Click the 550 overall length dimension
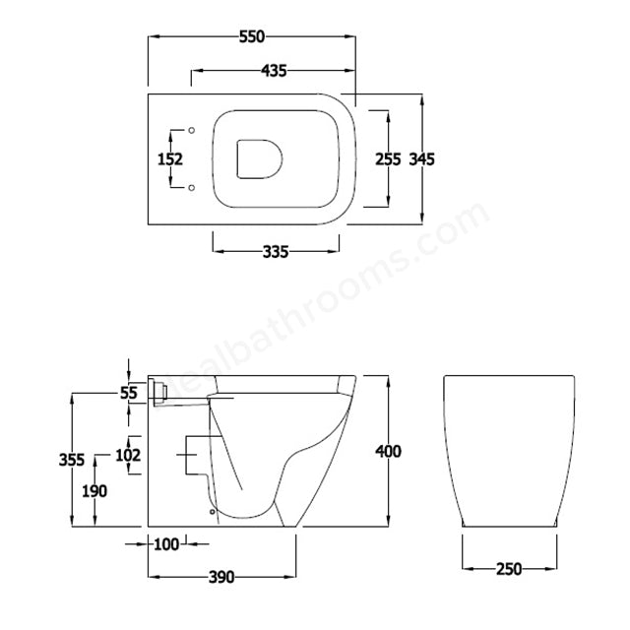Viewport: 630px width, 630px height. [251, 36]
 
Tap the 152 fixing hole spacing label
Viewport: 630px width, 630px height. [170, 158]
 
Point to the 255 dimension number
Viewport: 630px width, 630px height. [388, 158]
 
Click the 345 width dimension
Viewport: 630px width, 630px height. [421, 158]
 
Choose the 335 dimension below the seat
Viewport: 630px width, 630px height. [275, 252]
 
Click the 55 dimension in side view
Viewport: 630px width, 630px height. [129, 393]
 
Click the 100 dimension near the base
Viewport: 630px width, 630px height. [167, 543]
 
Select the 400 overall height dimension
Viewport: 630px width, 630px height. [389, 452]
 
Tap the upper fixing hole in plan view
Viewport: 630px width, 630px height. [192, 130]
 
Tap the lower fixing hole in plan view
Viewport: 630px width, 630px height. [192, 186]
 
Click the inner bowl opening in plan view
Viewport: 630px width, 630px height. [259, 158]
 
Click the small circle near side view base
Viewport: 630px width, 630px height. [212, 510]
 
